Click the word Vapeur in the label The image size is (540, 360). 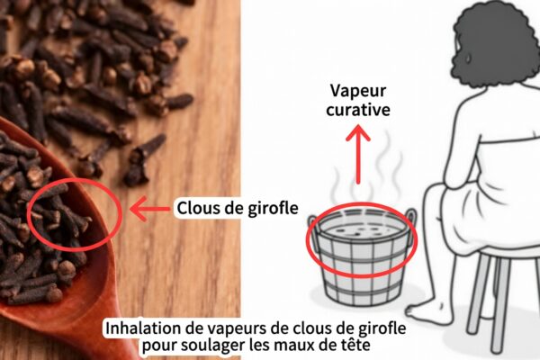358,92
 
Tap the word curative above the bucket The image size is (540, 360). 358,110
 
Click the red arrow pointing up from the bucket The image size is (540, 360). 358,154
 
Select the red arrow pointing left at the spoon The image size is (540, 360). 149,209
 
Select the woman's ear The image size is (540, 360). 467,58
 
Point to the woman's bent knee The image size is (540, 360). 435,200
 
